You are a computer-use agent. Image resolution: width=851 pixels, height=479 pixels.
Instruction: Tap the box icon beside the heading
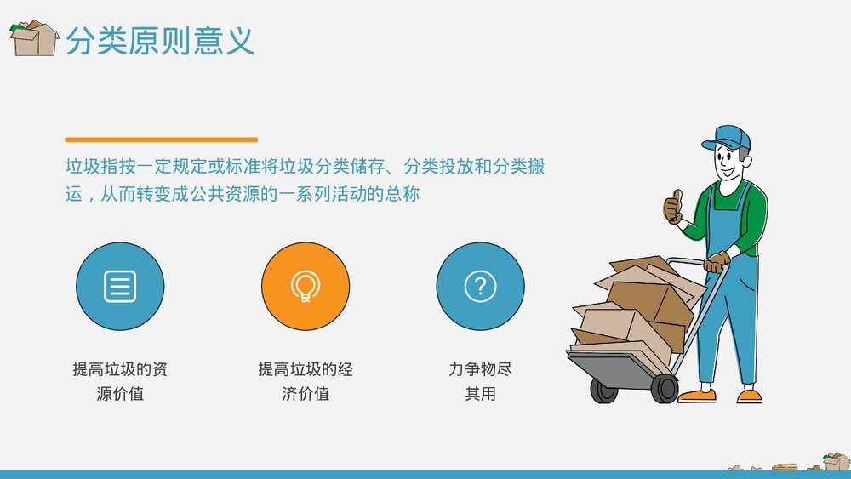click(x=33, y=38)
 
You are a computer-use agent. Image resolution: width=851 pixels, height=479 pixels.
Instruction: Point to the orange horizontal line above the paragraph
click(x=161, y=139)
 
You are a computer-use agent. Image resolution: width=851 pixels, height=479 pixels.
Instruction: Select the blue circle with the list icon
click(x=120, y=286)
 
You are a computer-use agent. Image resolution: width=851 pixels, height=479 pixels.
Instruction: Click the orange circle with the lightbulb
click(x=305, y=286)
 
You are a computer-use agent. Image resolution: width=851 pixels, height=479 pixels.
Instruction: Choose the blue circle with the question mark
click(x=480, y=286)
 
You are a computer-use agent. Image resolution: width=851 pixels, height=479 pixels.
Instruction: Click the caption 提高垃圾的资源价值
click(x=120, y=381)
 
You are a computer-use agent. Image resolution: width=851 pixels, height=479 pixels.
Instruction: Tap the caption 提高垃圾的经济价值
click(x=305, y=381)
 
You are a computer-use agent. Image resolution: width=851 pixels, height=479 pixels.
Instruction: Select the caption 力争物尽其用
click(x=480, y=381)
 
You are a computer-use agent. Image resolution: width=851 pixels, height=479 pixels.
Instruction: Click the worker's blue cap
click(x=731, y=137)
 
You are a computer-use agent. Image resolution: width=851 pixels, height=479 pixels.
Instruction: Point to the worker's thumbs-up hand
click(x=674, y=207)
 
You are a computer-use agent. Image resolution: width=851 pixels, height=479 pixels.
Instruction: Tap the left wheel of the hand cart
click(x=604, y=391)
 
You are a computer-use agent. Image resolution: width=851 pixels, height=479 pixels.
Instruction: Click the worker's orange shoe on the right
click(x=750, y=396)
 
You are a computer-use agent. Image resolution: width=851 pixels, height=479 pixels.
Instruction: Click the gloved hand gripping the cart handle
click(x=717, y=261)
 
